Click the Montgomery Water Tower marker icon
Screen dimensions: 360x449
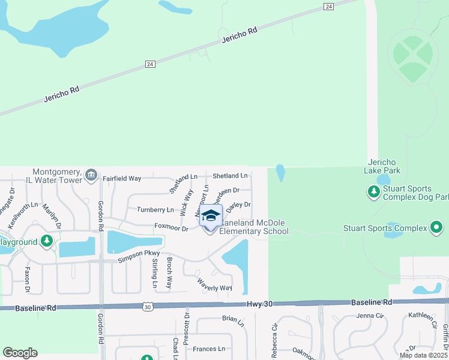(91, 175)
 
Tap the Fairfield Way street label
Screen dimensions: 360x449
(121, 178)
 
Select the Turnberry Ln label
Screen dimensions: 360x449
(155, 210)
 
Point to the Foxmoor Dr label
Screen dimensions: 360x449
(171, 227)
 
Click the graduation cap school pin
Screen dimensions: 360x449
(211, 215)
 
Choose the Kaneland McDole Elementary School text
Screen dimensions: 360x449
(255, 227)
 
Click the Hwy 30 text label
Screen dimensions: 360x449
(259, 304)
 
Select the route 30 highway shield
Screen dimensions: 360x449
(147, 307)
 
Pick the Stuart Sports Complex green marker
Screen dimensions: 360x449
(436, 228)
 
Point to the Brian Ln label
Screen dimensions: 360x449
(233, 319)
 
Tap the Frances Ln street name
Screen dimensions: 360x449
(209, 349)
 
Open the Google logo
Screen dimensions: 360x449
(20, 353)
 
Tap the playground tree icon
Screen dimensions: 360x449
(47, 242)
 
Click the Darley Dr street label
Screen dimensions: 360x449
(238, 205)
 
